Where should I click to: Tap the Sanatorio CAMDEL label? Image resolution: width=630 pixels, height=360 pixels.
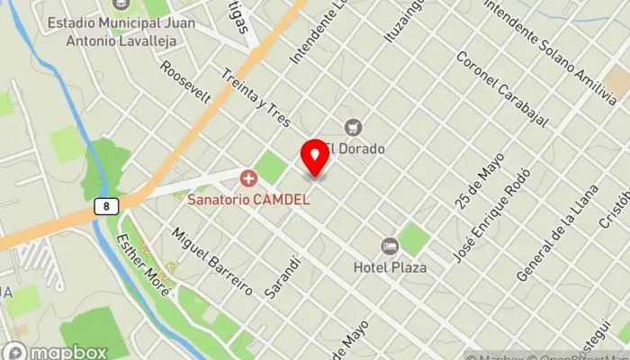248,199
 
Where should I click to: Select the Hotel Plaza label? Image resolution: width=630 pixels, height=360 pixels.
390,266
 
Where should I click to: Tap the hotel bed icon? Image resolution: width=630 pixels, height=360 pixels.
389,247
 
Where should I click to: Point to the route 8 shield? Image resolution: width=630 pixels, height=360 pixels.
106,207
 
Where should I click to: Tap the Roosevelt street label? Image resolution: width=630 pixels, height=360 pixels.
185,83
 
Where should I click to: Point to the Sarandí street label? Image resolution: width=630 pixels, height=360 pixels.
282,276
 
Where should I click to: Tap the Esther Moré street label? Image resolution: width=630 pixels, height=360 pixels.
143,259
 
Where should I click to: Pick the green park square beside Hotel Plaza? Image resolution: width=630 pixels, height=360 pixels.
413,239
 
